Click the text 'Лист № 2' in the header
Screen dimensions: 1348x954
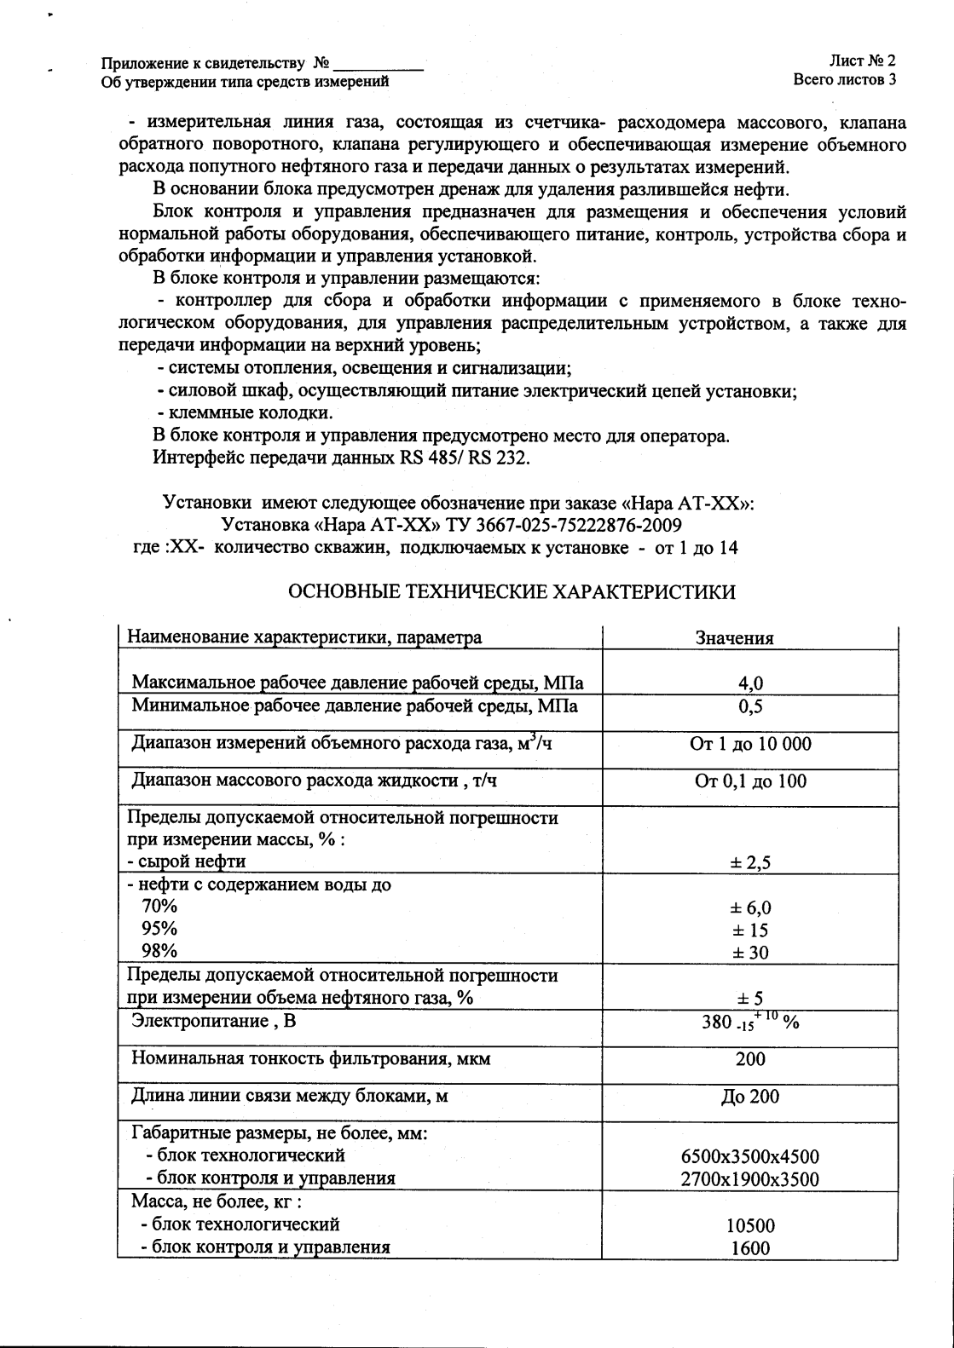click(x=861, y=61)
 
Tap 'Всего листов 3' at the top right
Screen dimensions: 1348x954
click(x=844, y=81)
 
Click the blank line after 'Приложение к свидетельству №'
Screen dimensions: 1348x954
click(x=379, y=65)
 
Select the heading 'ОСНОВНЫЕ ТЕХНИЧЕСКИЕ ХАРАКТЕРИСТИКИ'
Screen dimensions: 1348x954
click(x=512, y=592)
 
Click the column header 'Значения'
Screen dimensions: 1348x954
click(x=734, y=638)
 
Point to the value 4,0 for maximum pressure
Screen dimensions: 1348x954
click(x=750, y=683)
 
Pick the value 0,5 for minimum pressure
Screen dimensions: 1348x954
click(x=750, y=706)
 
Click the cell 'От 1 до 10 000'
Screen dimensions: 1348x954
click(x=750, y=744)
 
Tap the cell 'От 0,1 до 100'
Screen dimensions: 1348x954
click(x=750, y=781)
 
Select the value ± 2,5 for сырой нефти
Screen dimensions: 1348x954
click(x=750, y=863)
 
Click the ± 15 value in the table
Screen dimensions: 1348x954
click(x=750, y=930)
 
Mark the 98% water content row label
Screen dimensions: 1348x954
click(x=159, y=951)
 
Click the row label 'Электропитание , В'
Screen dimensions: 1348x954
click(x=213, y=1021)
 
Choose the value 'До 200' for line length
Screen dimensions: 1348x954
click(x=750, y=1097)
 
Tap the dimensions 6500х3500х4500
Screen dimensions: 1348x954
click(x=750, y=1157)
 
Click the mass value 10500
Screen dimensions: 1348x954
click(x=750, y=1226)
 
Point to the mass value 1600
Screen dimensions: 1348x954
click(x=750, y=1248)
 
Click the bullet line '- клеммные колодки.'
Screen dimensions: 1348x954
click(x=246, y=413)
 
